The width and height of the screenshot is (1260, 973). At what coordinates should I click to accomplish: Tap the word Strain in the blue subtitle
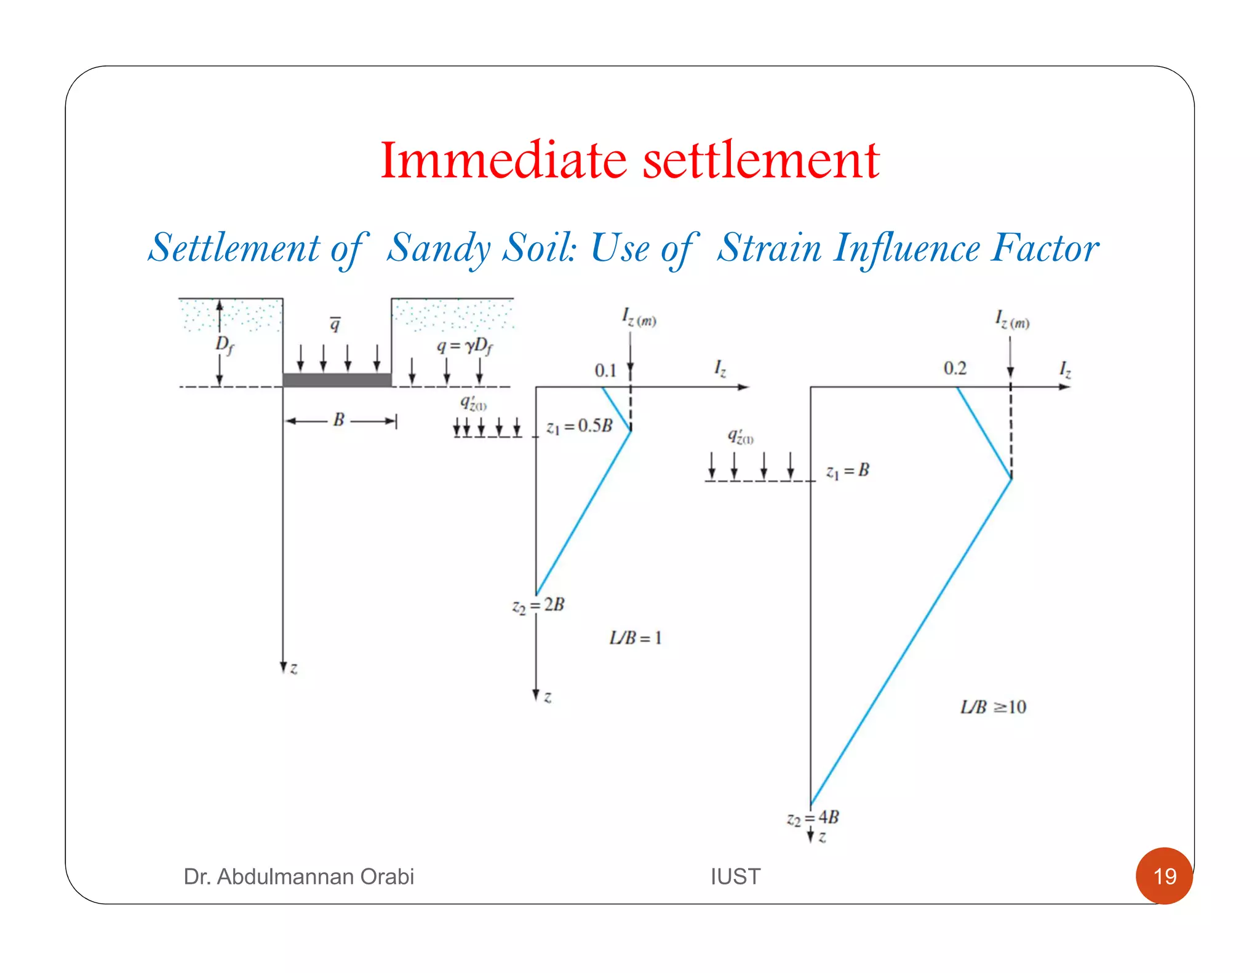[x=769, y=248]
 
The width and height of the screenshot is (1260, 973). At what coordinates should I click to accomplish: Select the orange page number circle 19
[x=1164, y=876]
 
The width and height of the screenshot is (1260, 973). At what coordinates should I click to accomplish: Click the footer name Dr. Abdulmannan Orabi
[x=298, y=876]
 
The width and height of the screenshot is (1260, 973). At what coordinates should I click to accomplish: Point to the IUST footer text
[x=735, y=876]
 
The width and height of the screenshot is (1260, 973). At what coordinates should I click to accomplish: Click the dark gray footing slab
[x=337, y=379]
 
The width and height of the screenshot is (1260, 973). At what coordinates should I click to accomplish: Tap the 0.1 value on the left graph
[x=605, y=370]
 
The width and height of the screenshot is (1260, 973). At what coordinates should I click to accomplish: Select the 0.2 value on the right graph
[x=955, y=368]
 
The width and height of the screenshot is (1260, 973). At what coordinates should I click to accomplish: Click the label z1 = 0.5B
[x=580, y=426]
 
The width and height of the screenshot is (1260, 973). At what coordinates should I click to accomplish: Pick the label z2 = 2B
[x=538, y=605]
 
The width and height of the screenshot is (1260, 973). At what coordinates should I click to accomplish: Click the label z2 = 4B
[x=813, y=817]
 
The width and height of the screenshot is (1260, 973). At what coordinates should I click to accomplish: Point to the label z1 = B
[x=848, y=471]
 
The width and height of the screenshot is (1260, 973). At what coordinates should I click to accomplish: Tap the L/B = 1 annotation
[x=636, y=638]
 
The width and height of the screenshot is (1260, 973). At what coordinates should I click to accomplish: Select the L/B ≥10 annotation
[x=993, y=707]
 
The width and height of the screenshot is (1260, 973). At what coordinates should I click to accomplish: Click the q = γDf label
[x=465, y=346]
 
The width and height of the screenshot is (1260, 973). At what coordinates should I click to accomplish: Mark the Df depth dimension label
[x=225, y=345]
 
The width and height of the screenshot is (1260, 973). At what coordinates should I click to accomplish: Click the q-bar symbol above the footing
[x=335, y=324]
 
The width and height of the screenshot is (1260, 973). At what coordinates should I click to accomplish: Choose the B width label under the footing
[x=338, y=420]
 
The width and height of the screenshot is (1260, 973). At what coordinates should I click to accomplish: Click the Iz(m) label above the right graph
[x=1012, y=320]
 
